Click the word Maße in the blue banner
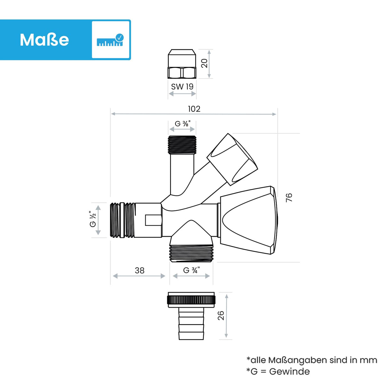coord(45,39)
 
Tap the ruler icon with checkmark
coord(110,40)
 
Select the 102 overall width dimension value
coord(194,109)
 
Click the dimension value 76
coord(289,197)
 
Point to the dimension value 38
coord(139,270)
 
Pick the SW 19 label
coord(182,87)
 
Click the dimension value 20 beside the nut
coord(204,63)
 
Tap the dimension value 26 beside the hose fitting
coord(221,315)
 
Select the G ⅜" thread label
coord(182,124)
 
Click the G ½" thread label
coord(93,219)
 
